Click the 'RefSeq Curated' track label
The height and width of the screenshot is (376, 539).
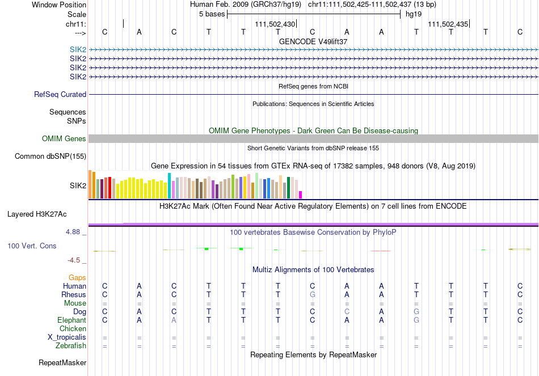(60, 95)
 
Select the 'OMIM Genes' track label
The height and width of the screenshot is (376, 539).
(64, 139)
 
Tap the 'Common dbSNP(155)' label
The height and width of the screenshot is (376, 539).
(50, 156)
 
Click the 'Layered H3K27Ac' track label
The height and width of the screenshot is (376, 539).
(37, 214)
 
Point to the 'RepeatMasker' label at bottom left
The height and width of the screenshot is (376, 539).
(62, 362)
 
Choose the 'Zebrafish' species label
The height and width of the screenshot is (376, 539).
(70, 345)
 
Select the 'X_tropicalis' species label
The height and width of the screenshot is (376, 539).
(67, 337)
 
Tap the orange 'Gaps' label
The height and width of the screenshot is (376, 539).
(77, 278)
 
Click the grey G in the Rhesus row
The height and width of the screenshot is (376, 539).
(312, 295)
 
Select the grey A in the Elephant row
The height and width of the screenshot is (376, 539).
(174, 320)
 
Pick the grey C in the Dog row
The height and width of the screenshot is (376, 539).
(347, 312)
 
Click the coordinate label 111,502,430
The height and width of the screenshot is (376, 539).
(275, 24)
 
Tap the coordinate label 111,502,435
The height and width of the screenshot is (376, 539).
(448, 24)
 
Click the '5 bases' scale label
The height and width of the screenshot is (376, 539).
(212, 14)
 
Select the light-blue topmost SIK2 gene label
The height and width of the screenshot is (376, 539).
(78, 50)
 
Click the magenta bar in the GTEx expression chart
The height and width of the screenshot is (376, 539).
(301, 195)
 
